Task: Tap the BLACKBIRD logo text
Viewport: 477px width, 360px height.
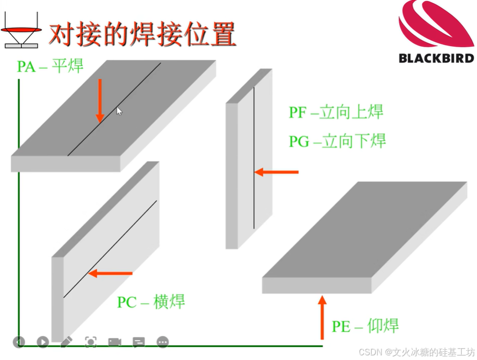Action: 436,58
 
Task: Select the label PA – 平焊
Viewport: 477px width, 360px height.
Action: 50,66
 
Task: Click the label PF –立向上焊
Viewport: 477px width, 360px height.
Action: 336,112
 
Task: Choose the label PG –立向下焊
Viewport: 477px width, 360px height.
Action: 337,141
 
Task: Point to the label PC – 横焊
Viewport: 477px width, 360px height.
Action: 151,301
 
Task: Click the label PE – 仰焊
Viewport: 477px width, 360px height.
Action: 365,326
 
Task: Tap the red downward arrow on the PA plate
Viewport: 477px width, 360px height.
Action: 100,100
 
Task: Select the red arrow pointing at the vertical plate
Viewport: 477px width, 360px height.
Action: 277,172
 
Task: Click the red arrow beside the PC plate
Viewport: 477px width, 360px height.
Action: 111,274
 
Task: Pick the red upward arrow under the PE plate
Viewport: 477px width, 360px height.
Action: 322,316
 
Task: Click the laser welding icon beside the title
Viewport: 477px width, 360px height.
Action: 22,32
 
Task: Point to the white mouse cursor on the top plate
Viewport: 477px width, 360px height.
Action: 119,111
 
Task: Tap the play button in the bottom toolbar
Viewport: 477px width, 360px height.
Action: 43,341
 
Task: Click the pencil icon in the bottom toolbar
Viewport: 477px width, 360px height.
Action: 66,341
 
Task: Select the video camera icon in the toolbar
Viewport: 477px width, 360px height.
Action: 115,341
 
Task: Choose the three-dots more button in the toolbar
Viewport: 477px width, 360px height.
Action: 162,341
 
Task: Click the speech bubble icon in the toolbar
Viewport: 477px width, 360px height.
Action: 139,341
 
